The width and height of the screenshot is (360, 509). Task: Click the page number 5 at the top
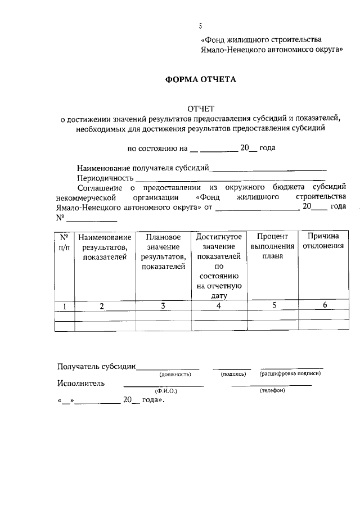200,25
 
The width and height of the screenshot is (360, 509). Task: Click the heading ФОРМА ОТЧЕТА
201,79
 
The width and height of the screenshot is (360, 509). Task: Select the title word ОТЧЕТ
201,108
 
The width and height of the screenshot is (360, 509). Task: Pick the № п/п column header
64,241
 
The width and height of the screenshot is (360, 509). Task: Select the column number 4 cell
219,306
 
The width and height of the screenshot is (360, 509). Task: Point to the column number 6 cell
325,305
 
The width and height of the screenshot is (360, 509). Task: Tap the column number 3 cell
163,306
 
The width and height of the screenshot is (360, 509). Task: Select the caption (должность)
175,373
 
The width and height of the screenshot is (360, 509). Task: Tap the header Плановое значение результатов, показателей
163,251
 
